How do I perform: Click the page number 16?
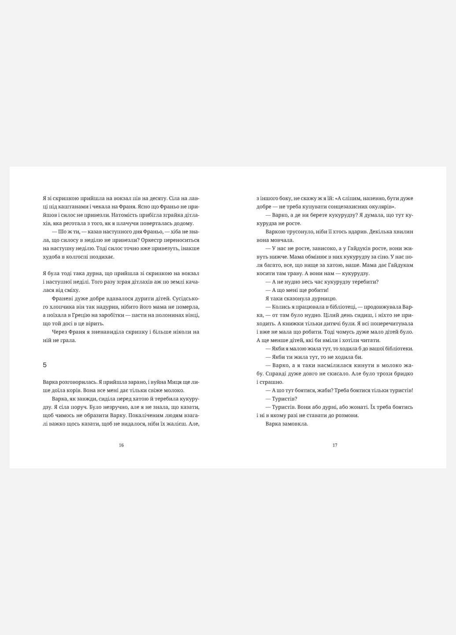tap(121, 445)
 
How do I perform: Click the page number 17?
tap(335, 445)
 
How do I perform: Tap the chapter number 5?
tap(45, 365)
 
